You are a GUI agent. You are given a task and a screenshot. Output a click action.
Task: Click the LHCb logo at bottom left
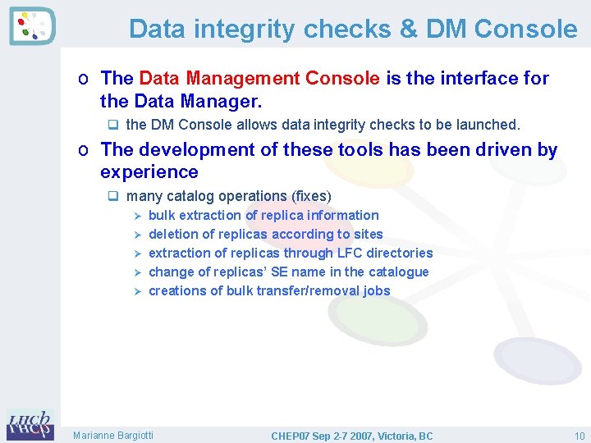pyautogui.click(x=30, y=425)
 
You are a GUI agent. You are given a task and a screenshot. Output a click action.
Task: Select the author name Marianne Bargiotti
pyautogui.click(x=113, y=435)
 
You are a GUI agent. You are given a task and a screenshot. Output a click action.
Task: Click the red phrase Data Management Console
pyautogui.click(x=259, y=78)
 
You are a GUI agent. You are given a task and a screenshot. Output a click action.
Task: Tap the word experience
pyautogui.click(x=149, y=172)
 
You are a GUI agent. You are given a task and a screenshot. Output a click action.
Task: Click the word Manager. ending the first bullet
pyautogui.click(x=223, y=101)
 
